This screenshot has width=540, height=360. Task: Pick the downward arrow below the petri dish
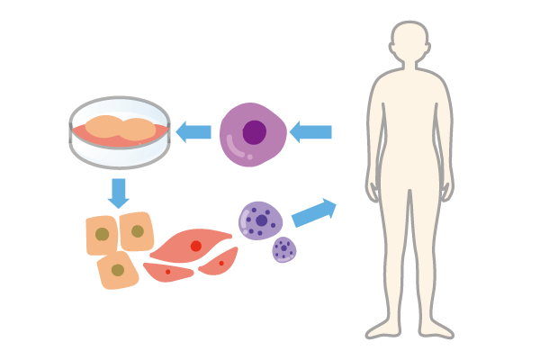pos(118,192)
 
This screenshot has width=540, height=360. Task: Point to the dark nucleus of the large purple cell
pos(255,132)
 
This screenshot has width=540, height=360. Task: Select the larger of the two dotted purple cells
pos(260,220)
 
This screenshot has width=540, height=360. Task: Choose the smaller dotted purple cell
pos(284,248)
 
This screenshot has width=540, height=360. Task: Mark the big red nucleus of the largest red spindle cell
pos(195,246)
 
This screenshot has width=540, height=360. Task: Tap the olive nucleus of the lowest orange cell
pos(117,269)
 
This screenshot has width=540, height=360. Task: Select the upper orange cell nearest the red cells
pos(137,231)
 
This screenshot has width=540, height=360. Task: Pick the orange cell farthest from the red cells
pos(102,234)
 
